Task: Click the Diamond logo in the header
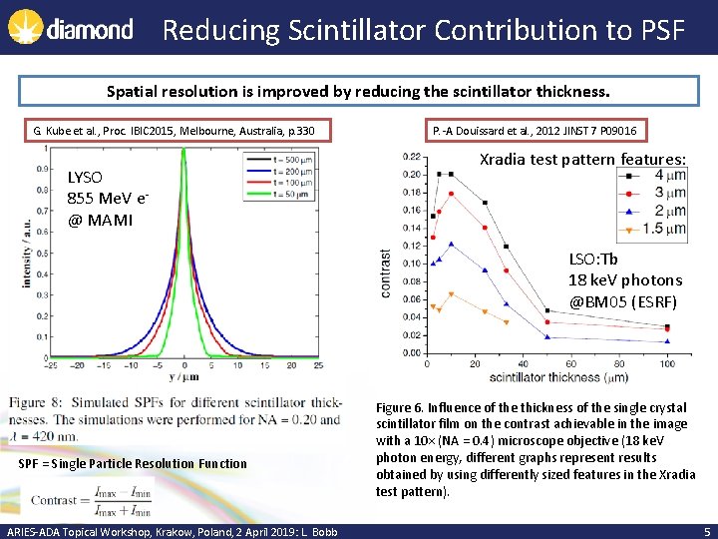click(70, 29)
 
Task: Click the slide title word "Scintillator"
click(348, 30)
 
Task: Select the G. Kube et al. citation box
click(174, 131)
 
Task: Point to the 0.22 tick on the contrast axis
click(410, 157)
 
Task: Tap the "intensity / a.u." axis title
click(26, 253)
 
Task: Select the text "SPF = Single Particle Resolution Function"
click(133, 463)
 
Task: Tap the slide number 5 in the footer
click(706, 531)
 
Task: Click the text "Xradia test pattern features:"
click(583, 160)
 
